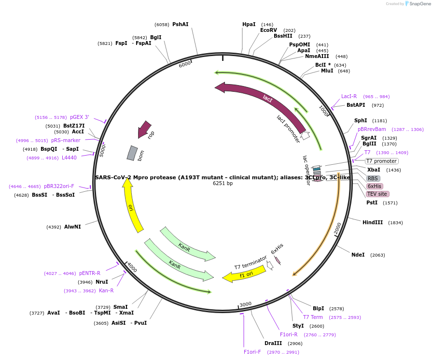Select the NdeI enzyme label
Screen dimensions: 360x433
pos(358,255)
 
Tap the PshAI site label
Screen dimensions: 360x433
pos(180,24)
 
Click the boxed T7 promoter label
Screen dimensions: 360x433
pos(381,161)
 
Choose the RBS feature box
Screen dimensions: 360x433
pos(373,178)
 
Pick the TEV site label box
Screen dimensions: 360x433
pos(377,194)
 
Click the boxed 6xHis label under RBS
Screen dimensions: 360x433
pos(374,186)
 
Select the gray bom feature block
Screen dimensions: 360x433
pos(132,153)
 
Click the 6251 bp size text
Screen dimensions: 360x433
pos(223,184)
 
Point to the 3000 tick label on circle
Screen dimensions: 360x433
pos(245,304)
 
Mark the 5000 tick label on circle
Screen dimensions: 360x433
pos(102,150)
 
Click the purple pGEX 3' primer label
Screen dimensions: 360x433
pos(79,117)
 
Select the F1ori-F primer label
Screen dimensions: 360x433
pos(252,352)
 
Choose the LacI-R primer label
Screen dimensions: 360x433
pos(349,96)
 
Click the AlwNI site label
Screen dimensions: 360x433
pos(72,227)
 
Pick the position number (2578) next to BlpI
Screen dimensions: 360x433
pos(336,308)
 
